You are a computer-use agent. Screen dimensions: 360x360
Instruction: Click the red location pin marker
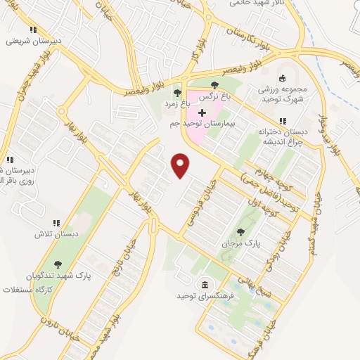(181, 165)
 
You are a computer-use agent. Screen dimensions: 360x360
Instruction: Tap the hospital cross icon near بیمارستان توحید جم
(202, 112)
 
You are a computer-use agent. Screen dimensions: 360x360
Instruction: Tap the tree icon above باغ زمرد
(177, 93)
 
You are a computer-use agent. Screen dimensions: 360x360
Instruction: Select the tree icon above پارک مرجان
(241, 231)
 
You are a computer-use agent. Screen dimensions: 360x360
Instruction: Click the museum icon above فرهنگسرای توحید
(204, 285)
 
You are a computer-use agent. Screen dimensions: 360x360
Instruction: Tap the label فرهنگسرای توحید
(204, 296)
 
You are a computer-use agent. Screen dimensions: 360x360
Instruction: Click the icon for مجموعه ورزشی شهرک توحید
(283, 78)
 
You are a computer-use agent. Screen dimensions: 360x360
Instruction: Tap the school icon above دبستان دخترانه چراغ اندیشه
(283, 121)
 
